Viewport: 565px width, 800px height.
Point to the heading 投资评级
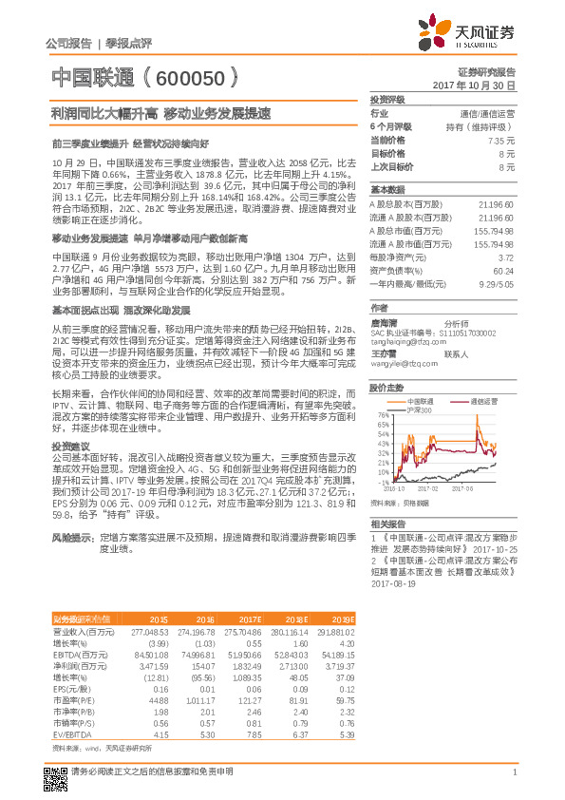click(x=387, y=99)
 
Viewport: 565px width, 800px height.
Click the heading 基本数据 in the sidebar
click(x=387, y=188)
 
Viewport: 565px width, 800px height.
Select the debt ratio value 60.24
click(x=505, y=271)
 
